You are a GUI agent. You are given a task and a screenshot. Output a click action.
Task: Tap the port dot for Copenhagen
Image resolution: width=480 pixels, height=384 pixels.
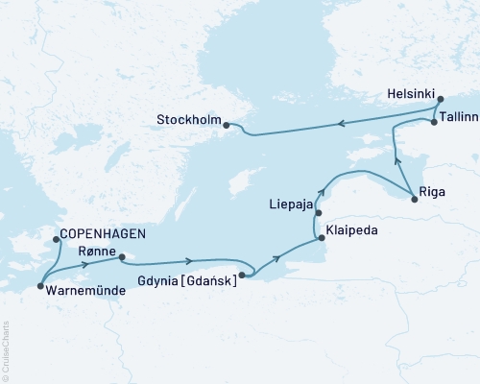[x=57, y=240]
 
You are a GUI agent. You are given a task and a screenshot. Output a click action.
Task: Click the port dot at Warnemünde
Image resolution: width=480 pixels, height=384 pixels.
[x=39, y=286]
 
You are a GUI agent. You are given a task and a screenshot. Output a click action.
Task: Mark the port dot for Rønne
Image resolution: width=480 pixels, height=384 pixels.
[x=122, y=256]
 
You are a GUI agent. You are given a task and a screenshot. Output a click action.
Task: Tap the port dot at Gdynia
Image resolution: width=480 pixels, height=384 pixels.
[x=242, y=276]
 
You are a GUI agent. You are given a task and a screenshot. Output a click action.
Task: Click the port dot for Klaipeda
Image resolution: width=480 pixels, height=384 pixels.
[x=321, y=240]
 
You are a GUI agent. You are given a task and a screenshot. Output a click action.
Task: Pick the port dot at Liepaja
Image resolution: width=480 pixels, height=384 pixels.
[x=319, y=213]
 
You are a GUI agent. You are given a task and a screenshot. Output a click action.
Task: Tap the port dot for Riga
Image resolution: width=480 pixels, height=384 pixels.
[x=414, y=199]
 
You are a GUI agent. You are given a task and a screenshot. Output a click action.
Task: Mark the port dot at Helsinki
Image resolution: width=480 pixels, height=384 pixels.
[x=440, y=99]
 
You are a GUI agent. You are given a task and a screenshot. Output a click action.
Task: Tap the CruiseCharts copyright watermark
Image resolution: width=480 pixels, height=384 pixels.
[x=5, y=350]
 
